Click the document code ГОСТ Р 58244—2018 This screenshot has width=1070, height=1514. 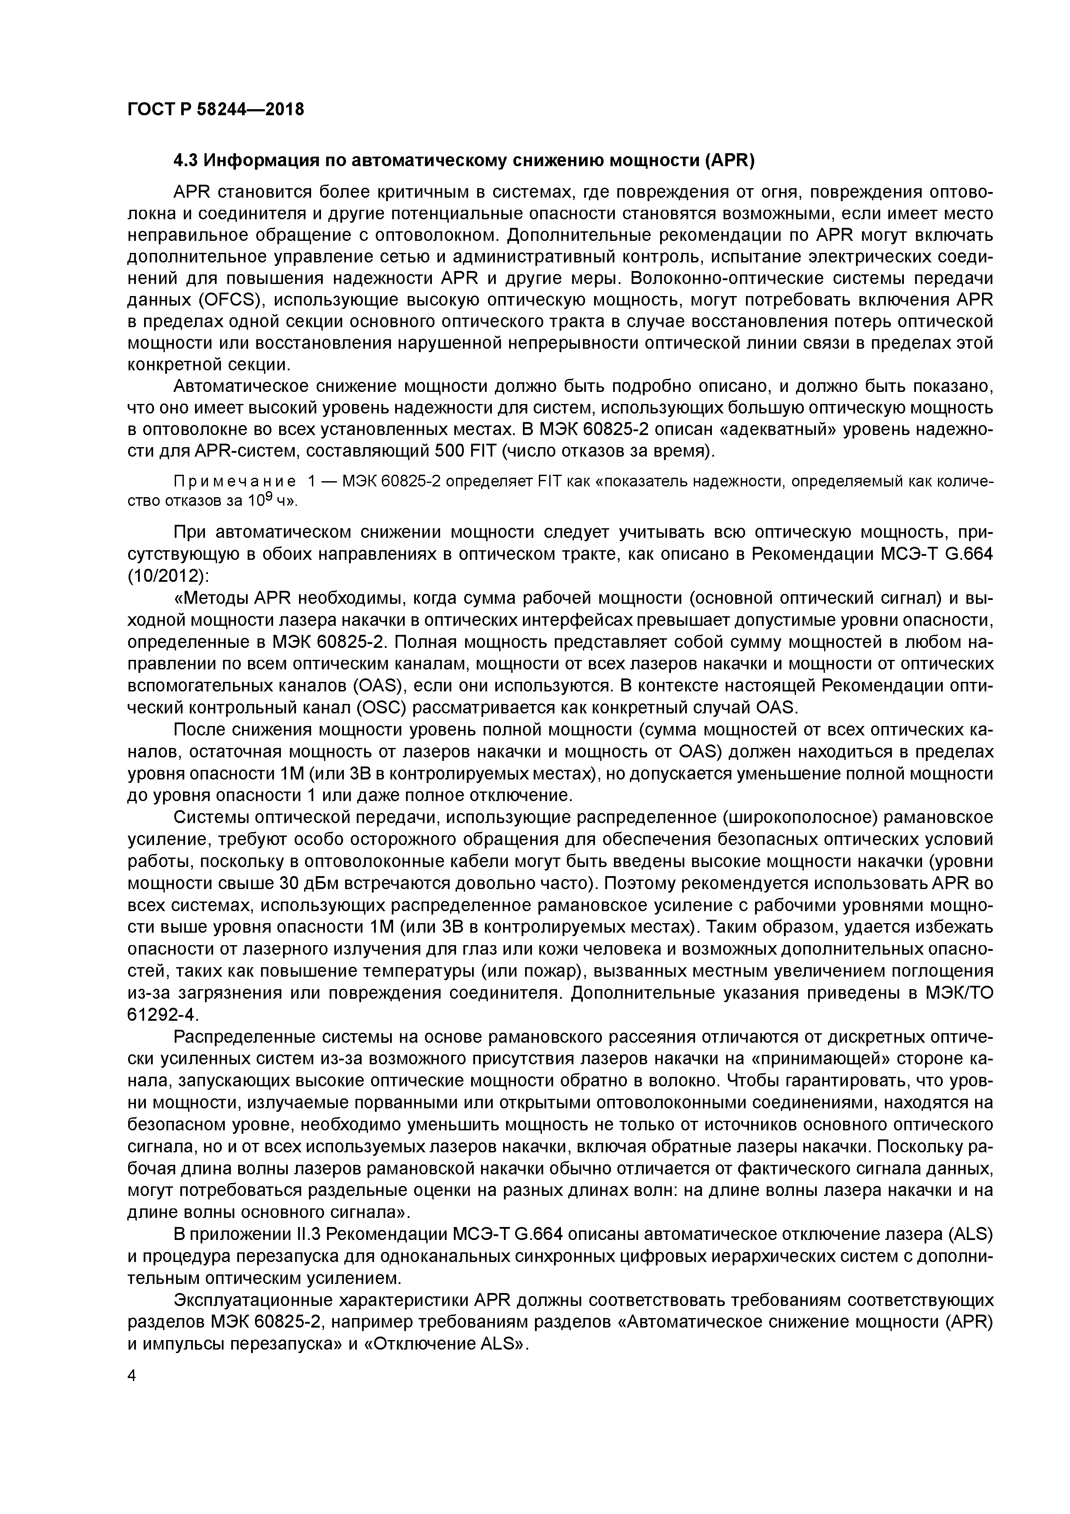pos(216,109)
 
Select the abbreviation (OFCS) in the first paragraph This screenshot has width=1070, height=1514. pos(227,300)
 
